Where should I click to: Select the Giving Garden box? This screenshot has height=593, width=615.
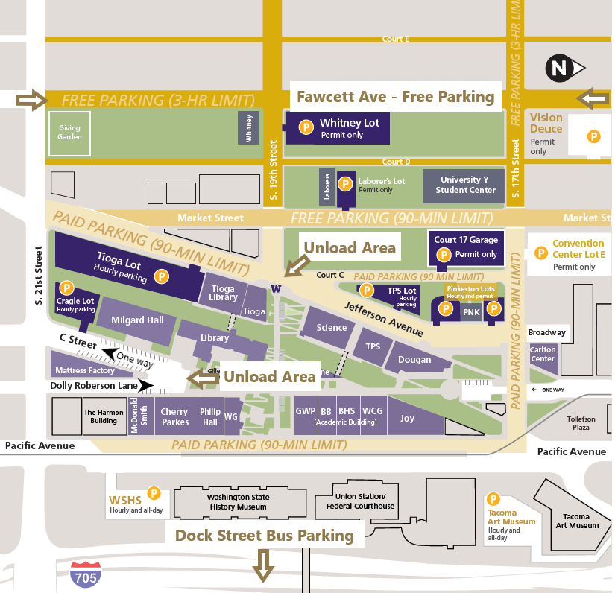pyautogui.click(x=69, y=133)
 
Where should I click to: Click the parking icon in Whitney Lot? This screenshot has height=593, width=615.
pyautogui.click(x=306, y=127)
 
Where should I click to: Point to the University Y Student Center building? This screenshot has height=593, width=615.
pyautogui.click(x=464, y=185)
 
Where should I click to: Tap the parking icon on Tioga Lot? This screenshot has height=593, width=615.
pyautogui.click(x=161, y=276)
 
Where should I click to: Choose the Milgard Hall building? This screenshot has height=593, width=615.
pyautogui.click(x=137, y=320)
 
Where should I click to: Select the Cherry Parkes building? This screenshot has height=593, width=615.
pyautogui.click(x=174, y=417)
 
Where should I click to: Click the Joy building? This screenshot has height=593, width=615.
pyautogui.click(x=408, y=418)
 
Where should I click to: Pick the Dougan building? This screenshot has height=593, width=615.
pyautogui.click(x=415, y=360)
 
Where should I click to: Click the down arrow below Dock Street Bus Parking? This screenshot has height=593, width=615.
pyautogui.click(x=262, y=565)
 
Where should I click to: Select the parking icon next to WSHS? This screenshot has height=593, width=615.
pyautogui.click(x=154, y=492)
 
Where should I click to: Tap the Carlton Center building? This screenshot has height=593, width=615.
pyautogui.click(x=543, y=354)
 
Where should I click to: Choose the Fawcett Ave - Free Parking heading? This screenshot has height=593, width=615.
pyautogui.click(x=395, y=97)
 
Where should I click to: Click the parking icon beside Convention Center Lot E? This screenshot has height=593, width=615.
pyautogui.click(x=541, y=253)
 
